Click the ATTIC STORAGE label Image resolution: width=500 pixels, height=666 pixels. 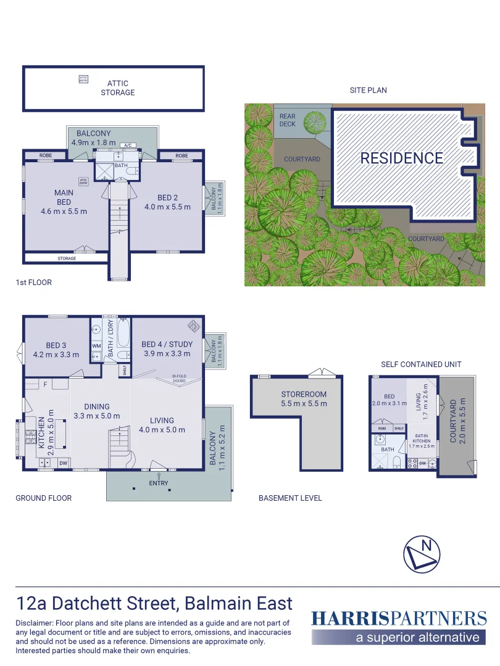point(117,88)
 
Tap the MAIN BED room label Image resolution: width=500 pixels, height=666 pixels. point(64,197)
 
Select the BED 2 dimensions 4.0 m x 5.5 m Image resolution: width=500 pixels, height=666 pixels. point(167,207)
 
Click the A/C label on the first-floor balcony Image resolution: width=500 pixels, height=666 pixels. point(128,146)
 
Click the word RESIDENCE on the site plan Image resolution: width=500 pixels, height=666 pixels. point(402,158)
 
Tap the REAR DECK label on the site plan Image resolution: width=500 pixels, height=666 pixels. point(288,120)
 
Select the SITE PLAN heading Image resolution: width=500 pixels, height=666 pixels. point(368,90)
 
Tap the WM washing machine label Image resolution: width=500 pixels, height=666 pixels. point(96,346)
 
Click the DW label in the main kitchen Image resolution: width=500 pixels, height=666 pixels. point(63,462)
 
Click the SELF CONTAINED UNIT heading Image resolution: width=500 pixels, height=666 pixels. point(421,364)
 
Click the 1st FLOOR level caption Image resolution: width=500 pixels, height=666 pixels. point(33,282)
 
